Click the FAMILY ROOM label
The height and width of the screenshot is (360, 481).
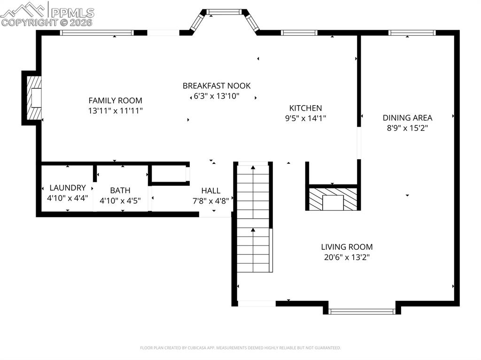[x=115, y=100]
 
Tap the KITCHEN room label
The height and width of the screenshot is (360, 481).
[x=305, y=108]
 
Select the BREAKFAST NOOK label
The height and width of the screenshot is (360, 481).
[x=217, y=86]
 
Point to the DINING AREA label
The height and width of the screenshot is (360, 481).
[x=407, y=118]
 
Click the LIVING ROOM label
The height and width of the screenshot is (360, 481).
[x=347, y=247]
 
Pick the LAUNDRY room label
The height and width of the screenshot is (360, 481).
[x=68, y=188]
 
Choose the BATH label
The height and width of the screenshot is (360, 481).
[x=120, y=191]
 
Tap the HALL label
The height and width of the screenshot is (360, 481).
[x=211, y=191]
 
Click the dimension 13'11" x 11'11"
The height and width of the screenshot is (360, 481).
[x=115, y=111]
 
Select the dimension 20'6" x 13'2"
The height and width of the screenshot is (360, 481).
[x=347, y=257]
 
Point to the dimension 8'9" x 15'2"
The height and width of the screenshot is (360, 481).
[x=407, y=128]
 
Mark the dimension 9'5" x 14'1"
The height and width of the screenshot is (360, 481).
[x=305, y=118]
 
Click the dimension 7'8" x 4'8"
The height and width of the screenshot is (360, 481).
[x=211, y=201]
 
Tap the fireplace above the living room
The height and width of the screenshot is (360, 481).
[x=333, y=199]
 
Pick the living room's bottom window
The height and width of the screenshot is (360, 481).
[x=362, y=311]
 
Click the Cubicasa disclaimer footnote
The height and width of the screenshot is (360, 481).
[x=240, y=348]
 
